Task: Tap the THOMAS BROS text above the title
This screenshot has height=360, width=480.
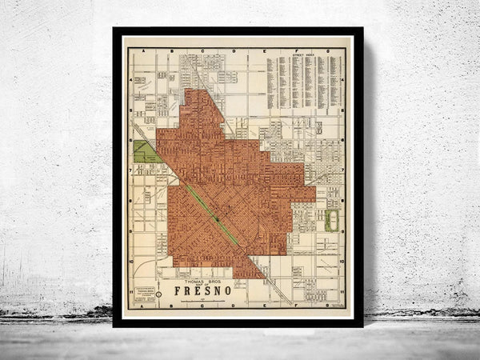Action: click(x=197, y=281)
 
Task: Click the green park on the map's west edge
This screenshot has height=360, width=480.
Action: click(x=145, y=152)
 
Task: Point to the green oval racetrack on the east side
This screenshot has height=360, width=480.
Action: click(x=331, y=220)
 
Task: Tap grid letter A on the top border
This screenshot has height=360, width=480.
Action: click(x=143, y=50)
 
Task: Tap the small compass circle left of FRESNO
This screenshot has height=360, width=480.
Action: click(x=158, y=294)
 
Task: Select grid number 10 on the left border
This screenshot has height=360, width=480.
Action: click(x=130, y=261)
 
